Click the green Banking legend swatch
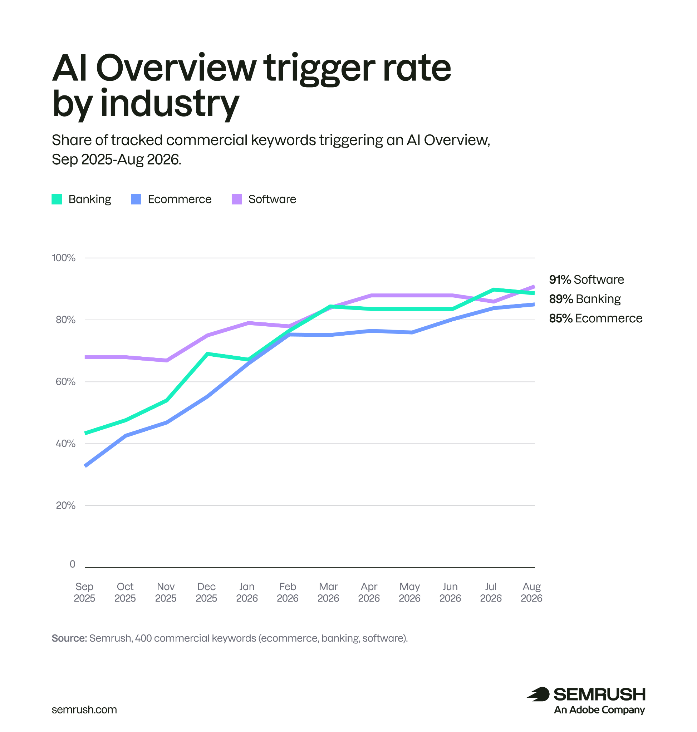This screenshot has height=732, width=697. (57, 199)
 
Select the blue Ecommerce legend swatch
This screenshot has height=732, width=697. (136, 199)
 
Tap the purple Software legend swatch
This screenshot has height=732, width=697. (237, 199)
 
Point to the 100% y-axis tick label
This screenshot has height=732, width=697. (64, 258)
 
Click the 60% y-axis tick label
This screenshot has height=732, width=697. (65, 381)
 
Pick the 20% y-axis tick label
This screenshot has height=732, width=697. (65, 505)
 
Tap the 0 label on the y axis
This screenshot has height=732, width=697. (73, 564)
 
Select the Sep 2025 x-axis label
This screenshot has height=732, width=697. (84, 592)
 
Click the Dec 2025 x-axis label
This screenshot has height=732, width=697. (206, 592)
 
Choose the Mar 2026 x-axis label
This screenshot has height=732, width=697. (328, 592)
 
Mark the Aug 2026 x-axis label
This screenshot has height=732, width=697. (531, 592)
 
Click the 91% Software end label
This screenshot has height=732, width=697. (586, 279)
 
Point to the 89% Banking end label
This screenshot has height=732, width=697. (585, 298)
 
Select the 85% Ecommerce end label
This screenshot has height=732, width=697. (595, 318)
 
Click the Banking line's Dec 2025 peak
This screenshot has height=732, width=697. (207, 353)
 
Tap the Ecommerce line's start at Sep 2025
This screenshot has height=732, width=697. (86, 465)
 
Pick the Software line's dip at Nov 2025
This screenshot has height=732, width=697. (166, 360)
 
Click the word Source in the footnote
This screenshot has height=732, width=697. (69, 638)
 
